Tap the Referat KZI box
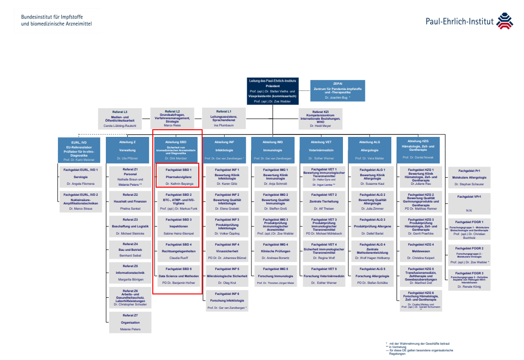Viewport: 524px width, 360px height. (321, 119)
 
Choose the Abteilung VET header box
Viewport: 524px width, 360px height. (321, 149)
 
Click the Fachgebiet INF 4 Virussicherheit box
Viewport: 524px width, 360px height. (227, 251)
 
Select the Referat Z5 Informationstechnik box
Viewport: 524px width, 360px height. (130, 273)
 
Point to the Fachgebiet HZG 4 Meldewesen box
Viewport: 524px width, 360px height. (421, 251)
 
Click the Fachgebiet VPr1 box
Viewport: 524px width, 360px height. (469, 203)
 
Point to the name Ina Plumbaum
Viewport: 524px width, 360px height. (224, 125)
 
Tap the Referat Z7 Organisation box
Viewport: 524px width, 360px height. (130, 322)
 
